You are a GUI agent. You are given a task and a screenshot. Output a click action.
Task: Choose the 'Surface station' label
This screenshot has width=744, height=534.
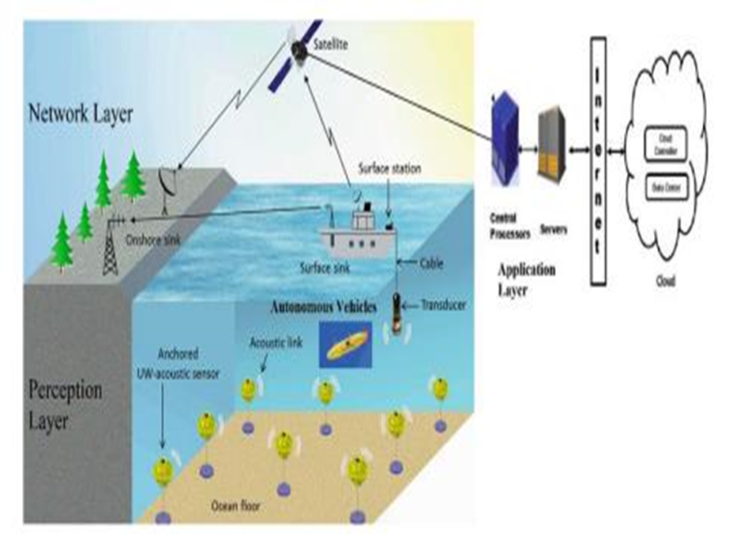tap(387, 169)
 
